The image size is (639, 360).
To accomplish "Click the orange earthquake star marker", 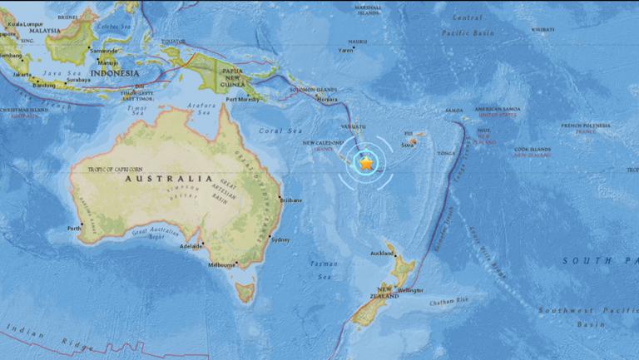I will tap(366, 165).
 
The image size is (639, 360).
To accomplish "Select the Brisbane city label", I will tap(291, 200).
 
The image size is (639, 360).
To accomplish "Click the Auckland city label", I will tap(382, 252).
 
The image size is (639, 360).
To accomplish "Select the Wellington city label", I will tap(410, 290).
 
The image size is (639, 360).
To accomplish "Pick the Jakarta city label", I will tap(23, 74).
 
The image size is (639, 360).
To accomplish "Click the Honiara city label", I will tap(328, 99).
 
